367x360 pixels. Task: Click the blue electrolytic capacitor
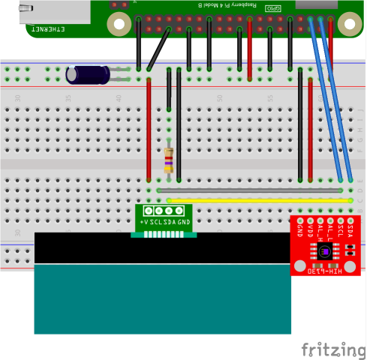(x=88, y=74)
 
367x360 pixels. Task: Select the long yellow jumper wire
(x=259, y=200)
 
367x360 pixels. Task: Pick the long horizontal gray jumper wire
(x=251, y=191)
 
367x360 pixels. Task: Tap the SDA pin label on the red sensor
(x=350, y=228)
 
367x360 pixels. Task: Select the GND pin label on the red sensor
(x=299, y=229)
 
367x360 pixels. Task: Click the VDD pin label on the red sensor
(x=309, y=229)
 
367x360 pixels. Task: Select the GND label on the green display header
(x=184, y=223)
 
